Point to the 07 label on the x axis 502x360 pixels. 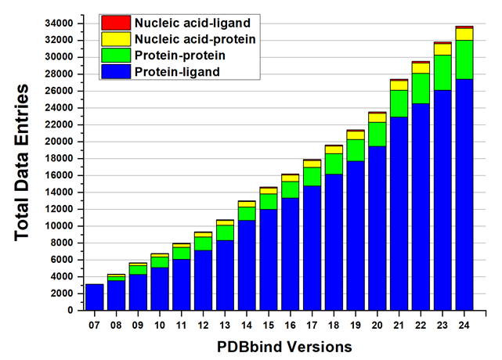pos(94,324)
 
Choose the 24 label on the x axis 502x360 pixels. pos(464,324)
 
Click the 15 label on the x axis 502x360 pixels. pos(268,324)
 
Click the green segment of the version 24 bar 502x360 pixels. pos(464,59)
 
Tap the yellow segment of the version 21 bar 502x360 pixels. pos(399,85)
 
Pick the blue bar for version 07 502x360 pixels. pos(94,297)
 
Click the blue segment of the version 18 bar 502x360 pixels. pos(333,243)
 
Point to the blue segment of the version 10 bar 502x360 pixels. pos(159,289)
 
